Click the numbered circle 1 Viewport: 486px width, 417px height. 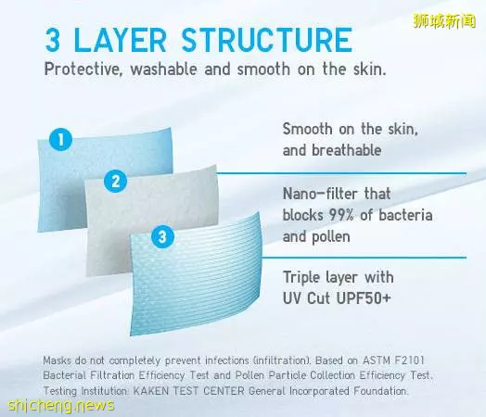pos(61,139)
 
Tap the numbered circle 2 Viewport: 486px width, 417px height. pos(115,182)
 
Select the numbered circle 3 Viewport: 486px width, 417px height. pos(162,237)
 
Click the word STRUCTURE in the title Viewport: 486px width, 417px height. pos(267,40)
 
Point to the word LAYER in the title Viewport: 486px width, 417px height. pos(121,40)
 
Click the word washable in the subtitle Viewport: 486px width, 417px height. pos(163,69)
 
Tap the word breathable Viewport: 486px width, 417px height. pos(347,150)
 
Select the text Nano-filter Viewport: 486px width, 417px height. pos(321,194)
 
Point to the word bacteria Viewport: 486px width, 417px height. pos(405,215)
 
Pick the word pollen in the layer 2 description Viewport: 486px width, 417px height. pos(331,237)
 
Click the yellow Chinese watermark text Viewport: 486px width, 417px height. pos(444,20)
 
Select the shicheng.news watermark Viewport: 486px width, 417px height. pos(61,405)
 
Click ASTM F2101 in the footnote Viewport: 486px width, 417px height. pos(393,360)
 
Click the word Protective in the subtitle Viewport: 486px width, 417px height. pos(82,69)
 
